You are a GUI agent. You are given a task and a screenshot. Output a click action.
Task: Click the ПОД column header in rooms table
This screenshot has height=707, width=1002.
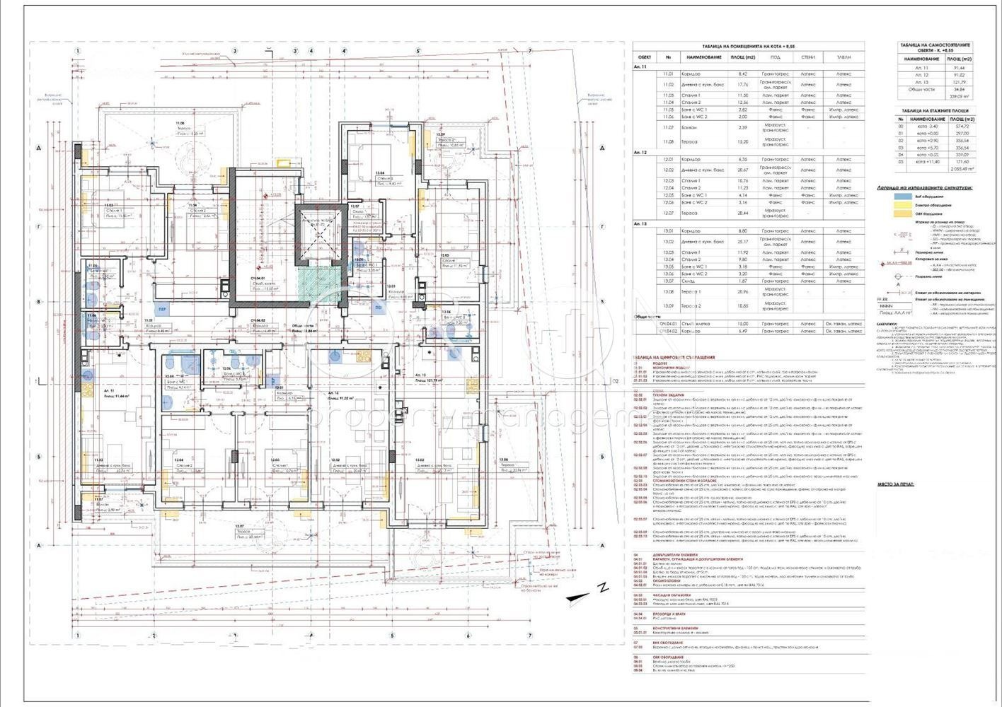coord(775,57)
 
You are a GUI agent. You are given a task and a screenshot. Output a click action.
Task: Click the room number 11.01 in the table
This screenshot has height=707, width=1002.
coord(667,74)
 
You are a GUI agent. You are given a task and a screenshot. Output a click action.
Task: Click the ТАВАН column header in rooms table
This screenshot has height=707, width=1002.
coord(843,57)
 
